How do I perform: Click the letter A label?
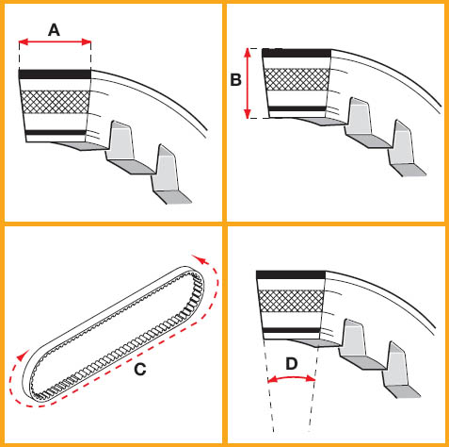[x=54, y=30]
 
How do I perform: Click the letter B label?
[x=235, y=80]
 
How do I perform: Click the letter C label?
[x=140, y=370]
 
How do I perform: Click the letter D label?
[x=292, y=364]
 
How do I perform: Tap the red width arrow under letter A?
[x=55, y=41]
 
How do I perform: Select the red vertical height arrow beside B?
[x=248, y=83]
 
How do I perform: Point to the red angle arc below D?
[x=292, y=378]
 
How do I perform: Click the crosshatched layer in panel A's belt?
[x=56, y=102]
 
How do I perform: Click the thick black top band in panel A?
[x=55, y=74]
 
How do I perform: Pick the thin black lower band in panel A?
[x=56, y=132]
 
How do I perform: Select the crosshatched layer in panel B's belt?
[x=297, y=79]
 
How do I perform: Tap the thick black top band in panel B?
[x=297, y=53]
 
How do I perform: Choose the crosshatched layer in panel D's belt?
[x=291, y=301]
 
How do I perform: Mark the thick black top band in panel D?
[x=291, y=274]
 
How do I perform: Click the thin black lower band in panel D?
[x=292, y=330]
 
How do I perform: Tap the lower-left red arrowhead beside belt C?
[x=22, y=355]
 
